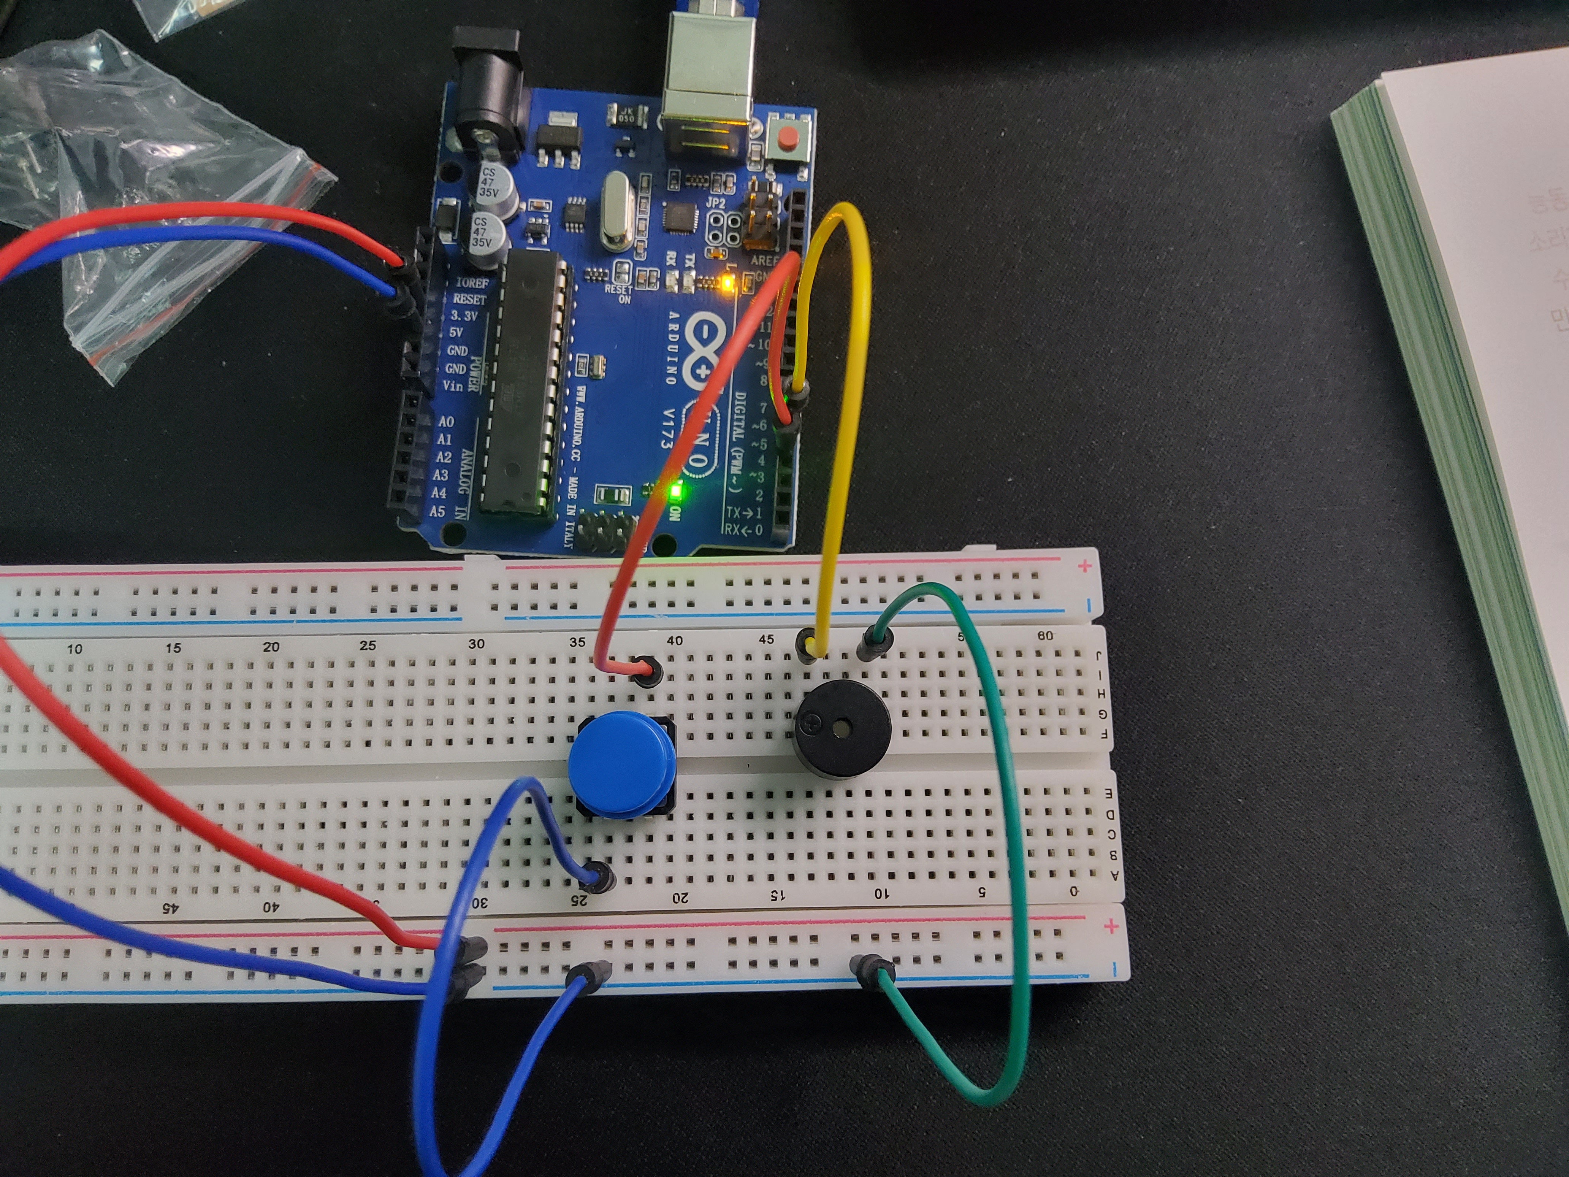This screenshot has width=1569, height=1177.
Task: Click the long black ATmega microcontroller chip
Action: coord(525,383)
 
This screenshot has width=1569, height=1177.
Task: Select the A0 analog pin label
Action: coord(445,422)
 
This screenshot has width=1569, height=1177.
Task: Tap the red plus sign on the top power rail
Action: coord(1084,566)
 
